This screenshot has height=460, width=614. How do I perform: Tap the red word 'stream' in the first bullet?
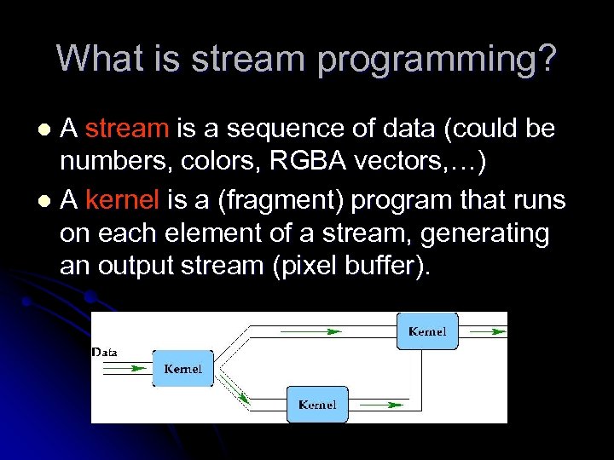[x=127, y=129]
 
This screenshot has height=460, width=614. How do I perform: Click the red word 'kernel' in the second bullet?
[x=123, y=200]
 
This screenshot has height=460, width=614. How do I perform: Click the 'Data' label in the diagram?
[x=105, y=352]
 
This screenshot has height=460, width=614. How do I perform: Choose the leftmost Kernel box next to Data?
[x=182, y=368]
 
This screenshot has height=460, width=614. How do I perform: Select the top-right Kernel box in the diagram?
[x=427, y=331]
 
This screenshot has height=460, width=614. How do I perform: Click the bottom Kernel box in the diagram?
[x=317, y=405]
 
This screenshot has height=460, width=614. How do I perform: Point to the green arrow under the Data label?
[x=125, y=368]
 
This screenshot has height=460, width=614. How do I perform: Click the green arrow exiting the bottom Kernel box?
[x=375, y=405]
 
